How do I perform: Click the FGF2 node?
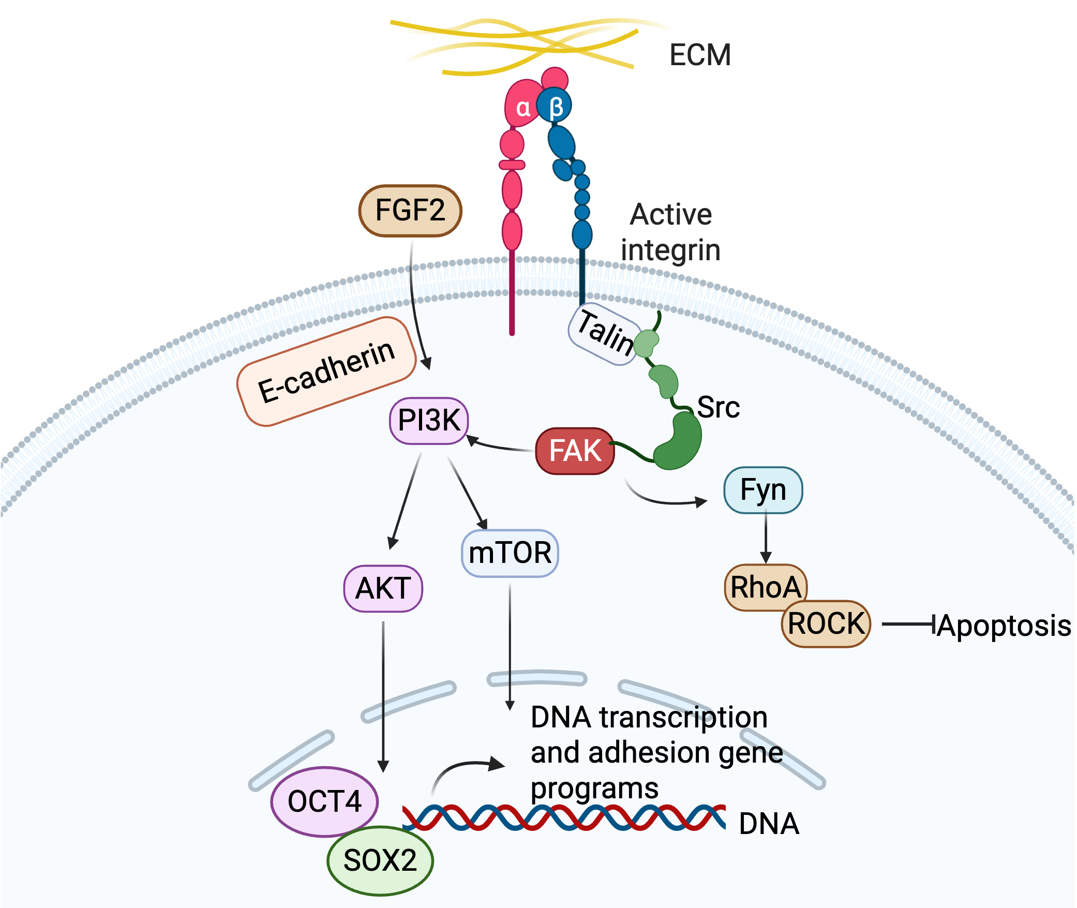[410, 211]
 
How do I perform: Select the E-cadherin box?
[326, 371]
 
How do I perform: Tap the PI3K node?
[429, 420]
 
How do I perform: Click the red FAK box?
[575, 451]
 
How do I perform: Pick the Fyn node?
[763, 490]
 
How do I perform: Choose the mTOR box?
[510, 553]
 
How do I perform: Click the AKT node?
[383, 588]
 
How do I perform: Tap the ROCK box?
[826, 623]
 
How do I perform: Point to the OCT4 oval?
[324, 801]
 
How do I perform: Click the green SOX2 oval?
[380, 860]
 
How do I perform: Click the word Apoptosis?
[1004, 626]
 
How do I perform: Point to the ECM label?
[700, 55]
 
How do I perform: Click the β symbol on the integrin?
[556, 107]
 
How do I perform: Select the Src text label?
[718, 407]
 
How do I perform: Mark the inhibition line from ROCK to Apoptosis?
[908, 624]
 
